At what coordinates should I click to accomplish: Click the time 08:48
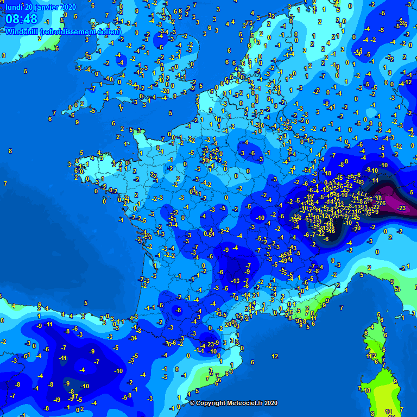(x=22, y=20)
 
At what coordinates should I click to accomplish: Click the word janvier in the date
(x=46, y=7)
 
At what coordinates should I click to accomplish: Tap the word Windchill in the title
(x=22, y=31)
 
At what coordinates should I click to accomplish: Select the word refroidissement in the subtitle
(x=71, y=31)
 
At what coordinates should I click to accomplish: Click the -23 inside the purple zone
(x=402, y=208)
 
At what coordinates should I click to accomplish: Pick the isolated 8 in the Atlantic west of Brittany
(x=10, y=151)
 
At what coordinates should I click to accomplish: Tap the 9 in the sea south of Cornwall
(x=77, y=123)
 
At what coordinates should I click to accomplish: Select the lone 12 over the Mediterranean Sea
(x=275, y=356)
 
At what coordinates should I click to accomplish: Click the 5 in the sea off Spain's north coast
(x=85, y=303)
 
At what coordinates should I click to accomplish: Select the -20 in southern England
(x=166, y=91)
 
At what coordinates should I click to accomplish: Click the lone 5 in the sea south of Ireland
(x=26, y=71)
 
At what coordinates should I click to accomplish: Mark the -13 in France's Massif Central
(x=235, y=281)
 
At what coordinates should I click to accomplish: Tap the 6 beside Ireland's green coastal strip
(x=56, y=48)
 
